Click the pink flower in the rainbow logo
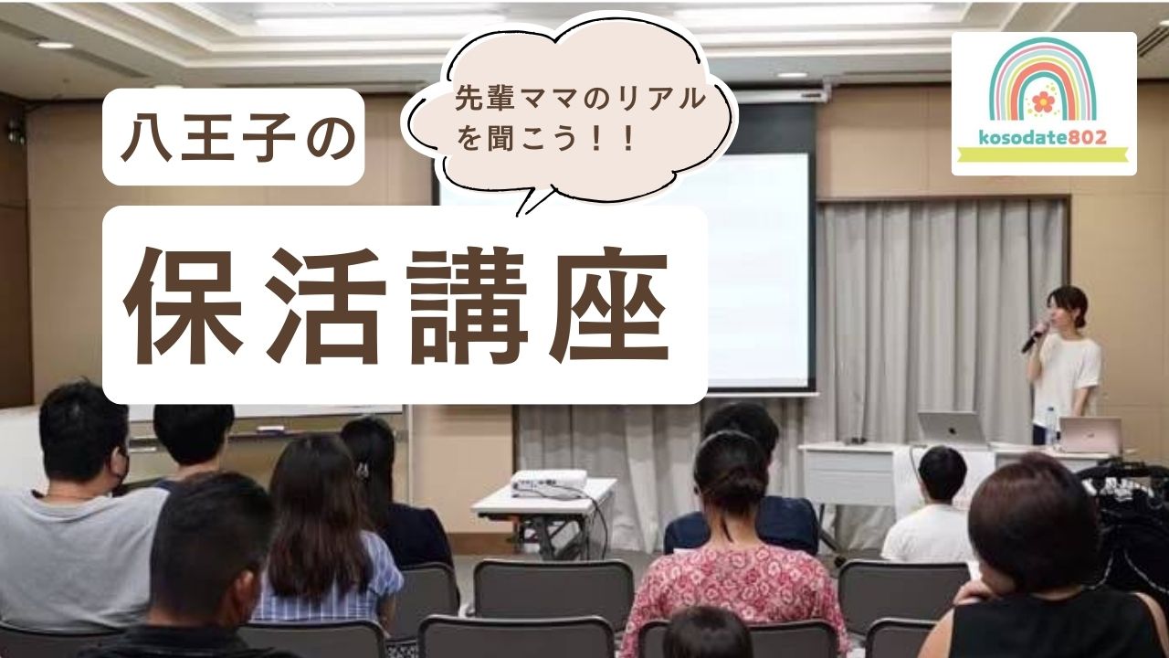1043,101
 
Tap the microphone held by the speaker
1035,336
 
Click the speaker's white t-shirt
1067,375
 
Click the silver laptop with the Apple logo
952,428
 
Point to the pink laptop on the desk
1090,435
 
